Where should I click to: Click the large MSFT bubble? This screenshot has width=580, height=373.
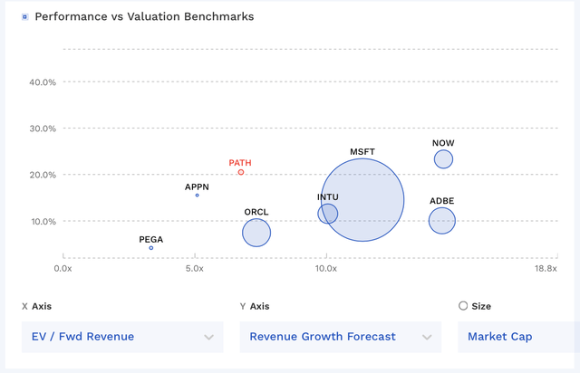pos(362,200)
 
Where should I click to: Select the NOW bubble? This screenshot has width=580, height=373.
pos(443,159)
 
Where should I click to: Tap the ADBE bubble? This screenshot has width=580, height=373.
pos(442,220)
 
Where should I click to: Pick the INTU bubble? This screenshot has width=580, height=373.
pos(328,214)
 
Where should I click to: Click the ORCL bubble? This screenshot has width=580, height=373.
pos(256,233)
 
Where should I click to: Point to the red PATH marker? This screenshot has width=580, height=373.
pos(241,172)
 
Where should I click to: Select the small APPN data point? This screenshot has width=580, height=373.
pos(198,195)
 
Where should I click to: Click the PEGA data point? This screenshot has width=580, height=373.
pos(151,248)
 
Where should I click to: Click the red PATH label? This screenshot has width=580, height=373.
pos(240,163)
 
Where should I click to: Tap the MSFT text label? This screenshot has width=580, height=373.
pos(362,151)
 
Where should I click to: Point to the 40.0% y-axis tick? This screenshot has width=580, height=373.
pos(43,82)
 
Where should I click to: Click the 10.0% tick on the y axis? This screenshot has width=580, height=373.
pos(43,222)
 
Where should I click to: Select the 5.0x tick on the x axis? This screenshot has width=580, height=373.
pos(194,269)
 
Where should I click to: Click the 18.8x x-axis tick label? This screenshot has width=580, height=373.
pos(545,269)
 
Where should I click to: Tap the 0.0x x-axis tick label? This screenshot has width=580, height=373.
pos(63,269)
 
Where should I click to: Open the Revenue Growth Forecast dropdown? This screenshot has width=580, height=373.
pos(340,337)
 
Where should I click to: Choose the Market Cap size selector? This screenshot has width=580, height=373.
pos(517,337)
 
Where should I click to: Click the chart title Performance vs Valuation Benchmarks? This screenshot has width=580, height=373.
pos(144,16)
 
